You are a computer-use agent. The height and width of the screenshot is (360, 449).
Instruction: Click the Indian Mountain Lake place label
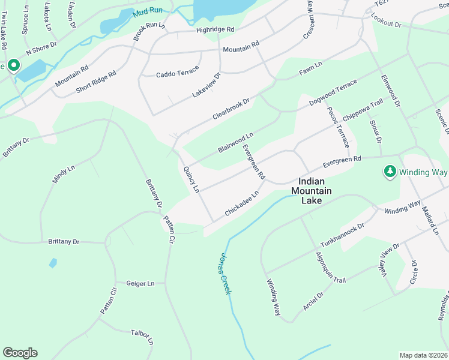(312, 191)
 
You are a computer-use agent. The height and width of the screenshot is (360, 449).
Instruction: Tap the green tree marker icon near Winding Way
(390, 172)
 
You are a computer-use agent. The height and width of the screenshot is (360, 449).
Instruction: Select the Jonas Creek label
(223, 273)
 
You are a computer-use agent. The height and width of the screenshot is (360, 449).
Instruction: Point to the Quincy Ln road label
(191, 179)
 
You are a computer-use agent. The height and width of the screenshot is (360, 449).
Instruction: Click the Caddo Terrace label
(177, 73)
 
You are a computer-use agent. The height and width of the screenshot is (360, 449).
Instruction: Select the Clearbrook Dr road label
(230, 110)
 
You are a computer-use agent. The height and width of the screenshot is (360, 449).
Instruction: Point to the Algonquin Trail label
(331, 268)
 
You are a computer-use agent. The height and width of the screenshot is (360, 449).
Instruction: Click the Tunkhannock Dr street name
(342, 236)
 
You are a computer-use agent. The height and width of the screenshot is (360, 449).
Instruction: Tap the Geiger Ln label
(140, 283)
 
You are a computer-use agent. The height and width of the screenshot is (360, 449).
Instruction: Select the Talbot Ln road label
(142, 337)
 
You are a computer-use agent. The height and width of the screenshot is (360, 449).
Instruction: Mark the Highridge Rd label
(215, 29)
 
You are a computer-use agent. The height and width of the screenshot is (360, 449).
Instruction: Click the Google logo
(20, 353)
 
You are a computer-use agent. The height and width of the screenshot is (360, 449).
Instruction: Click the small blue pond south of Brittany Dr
(53, 263)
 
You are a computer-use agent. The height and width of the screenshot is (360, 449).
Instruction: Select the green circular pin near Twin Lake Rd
(13, 65)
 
